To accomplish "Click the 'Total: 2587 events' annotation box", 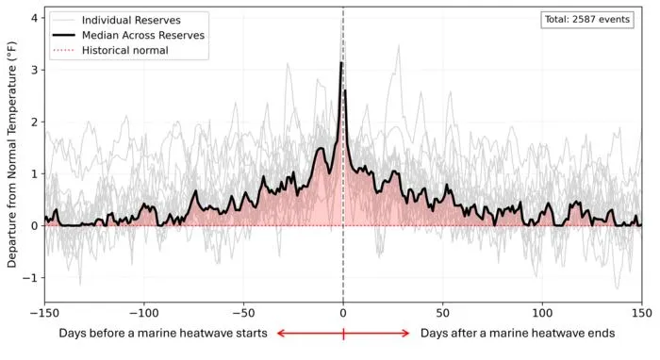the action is point(587,20).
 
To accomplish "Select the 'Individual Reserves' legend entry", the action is point(115,20).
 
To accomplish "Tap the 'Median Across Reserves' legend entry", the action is point(129,35).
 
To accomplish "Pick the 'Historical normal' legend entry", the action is point(110,51).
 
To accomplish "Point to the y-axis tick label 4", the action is point(34,18).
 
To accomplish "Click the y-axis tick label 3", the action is point(34,70).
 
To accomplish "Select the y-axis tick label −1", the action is point(30,278).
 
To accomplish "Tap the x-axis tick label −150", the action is point(44,313).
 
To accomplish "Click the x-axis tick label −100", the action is point(144,313).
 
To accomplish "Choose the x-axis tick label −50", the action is point(243,313).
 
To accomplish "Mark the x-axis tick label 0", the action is point(343,313).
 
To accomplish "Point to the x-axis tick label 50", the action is point(443,313).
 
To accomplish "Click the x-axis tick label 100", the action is point(542,313).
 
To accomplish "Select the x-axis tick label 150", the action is point(641,313).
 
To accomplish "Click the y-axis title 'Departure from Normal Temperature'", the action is point(11,155).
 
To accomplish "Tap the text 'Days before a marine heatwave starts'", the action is point(163,333).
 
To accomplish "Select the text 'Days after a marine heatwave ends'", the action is point(518,333).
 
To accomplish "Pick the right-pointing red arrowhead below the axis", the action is point(405,334).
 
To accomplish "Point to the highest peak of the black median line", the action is point(341,62).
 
